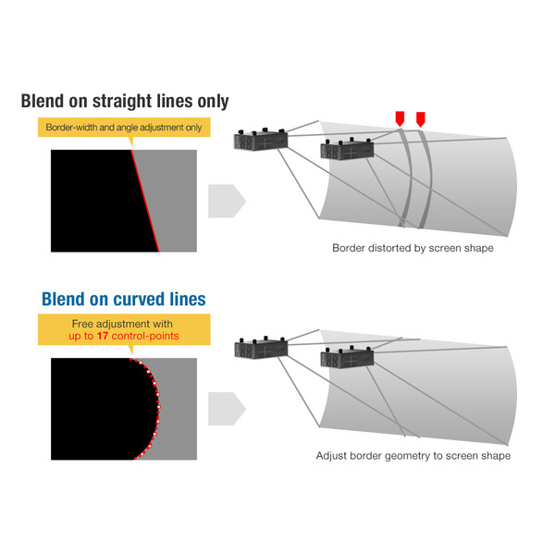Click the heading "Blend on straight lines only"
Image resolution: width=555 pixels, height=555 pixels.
pyautogui.click(x=125, y=101)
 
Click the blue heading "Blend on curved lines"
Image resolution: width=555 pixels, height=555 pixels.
pyautogui.click(x=124, y=299)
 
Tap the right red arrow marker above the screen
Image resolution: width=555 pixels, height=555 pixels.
pyautogui.click(x=421, y=118)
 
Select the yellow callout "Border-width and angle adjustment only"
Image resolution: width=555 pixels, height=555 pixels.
pyautogui.click(x=123, y=128)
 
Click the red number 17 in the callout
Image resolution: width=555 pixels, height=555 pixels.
pyautogui.click(x=103, y=336)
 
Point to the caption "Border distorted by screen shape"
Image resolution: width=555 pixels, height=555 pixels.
pyautogui.click(x=413, y=248)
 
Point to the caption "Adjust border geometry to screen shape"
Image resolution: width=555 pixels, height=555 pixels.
pyautogui.click(x=413, y=455)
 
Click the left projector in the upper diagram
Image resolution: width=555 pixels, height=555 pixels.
pyautogui.click(x=261, y=142)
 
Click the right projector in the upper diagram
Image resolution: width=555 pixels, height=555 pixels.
pyautogui.click(x=348, y=152)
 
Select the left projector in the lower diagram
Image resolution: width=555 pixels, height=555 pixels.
pyautogui.click(x=261, y=349)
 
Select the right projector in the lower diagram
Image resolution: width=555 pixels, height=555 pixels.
pyautogui.click(x=348, y=359)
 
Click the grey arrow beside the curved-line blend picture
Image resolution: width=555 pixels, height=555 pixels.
pyautogui.click(x=226, y=408)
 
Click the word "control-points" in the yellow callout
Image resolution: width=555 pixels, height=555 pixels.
pyautogui.click(x=146, y=336)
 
